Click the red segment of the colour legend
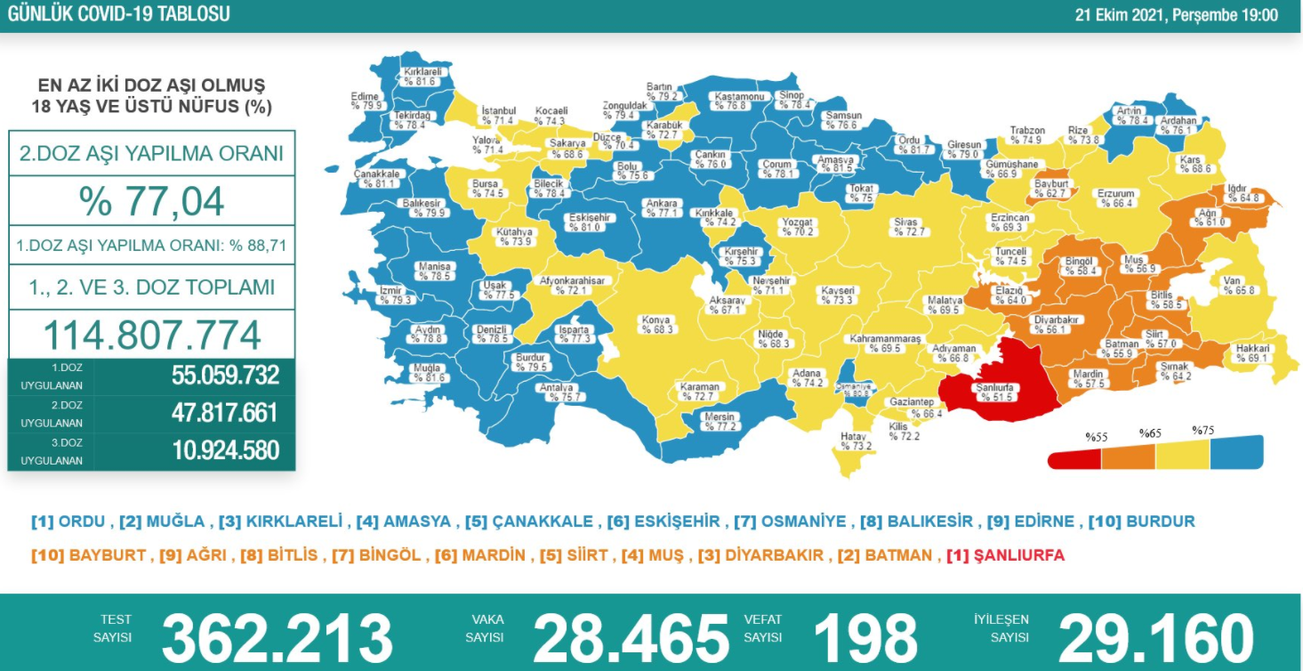(x=1074, y=458)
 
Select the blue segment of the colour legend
(x=1236, y=453)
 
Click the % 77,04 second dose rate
(x=152, y=201)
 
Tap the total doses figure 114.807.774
(x=152, y=335)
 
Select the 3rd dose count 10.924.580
(x=226, y=450)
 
